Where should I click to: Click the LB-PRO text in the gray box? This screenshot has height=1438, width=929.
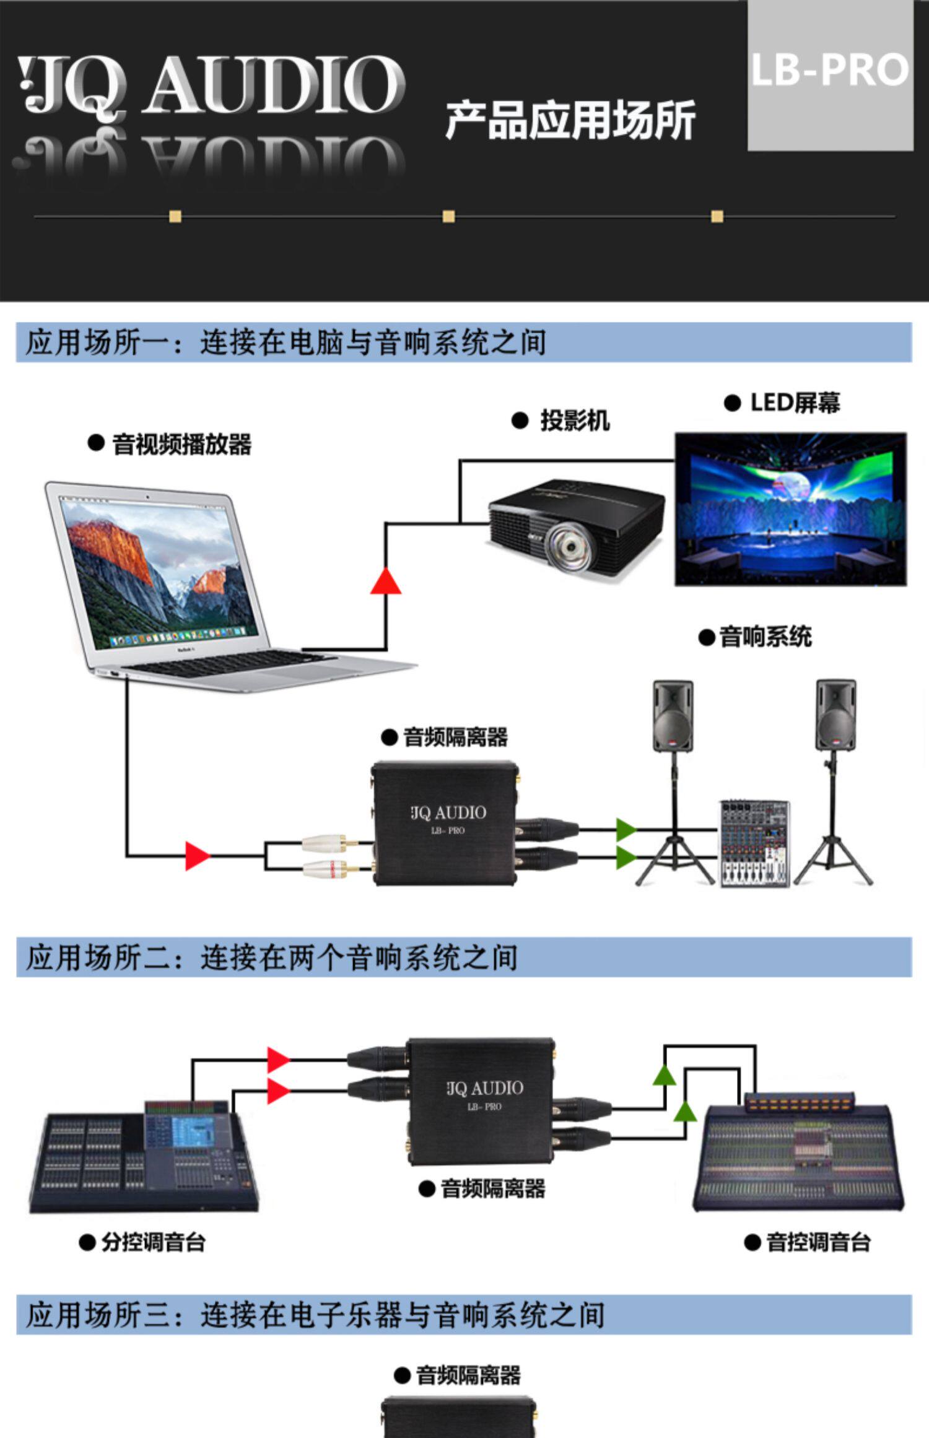(829, 70)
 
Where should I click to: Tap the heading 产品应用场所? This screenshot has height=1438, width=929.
(570, 120)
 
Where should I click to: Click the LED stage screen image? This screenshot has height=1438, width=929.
(790, 509)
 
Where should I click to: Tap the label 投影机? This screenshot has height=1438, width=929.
(575, 421)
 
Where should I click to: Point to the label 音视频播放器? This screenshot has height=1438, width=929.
(181, 445)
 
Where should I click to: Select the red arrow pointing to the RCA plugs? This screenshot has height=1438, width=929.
(198, 856)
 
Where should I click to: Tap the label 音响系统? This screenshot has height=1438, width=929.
(765, 637)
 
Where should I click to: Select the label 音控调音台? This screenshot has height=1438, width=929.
(818, 1242)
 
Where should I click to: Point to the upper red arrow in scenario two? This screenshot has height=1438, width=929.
(278, 1060)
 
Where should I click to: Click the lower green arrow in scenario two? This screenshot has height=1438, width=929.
(685, 1112)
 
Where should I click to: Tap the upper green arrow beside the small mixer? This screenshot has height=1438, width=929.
(626, 829)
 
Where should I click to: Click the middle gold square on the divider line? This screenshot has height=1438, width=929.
(448, 216)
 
